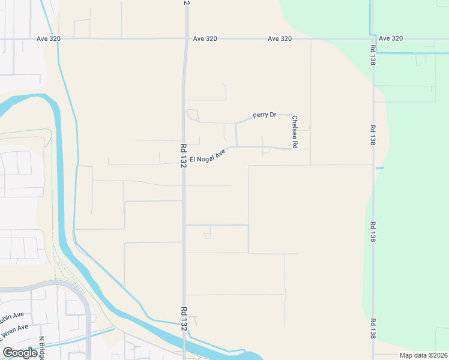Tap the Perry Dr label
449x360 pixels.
coord(264,115)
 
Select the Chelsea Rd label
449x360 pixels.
coord(295,133)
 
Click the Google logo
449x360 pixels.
coord(20,353)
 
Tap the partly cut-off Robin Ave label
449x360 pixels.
coord(12,314)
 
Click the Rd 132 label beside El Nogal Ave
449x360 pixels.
coord(182,155)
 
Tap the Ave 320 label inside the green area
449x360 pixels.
coord(391,38)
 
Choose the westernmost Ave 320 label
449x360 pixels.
coord(48,38)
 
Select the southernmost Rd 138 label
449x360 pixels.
coord(373,329)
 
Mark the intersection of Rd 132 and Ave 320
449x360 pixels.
coord(185,38)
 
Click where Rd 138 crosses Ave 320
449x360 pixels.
coord(372,38)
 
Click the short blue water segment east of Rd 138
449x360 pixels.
coord(379,168)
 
